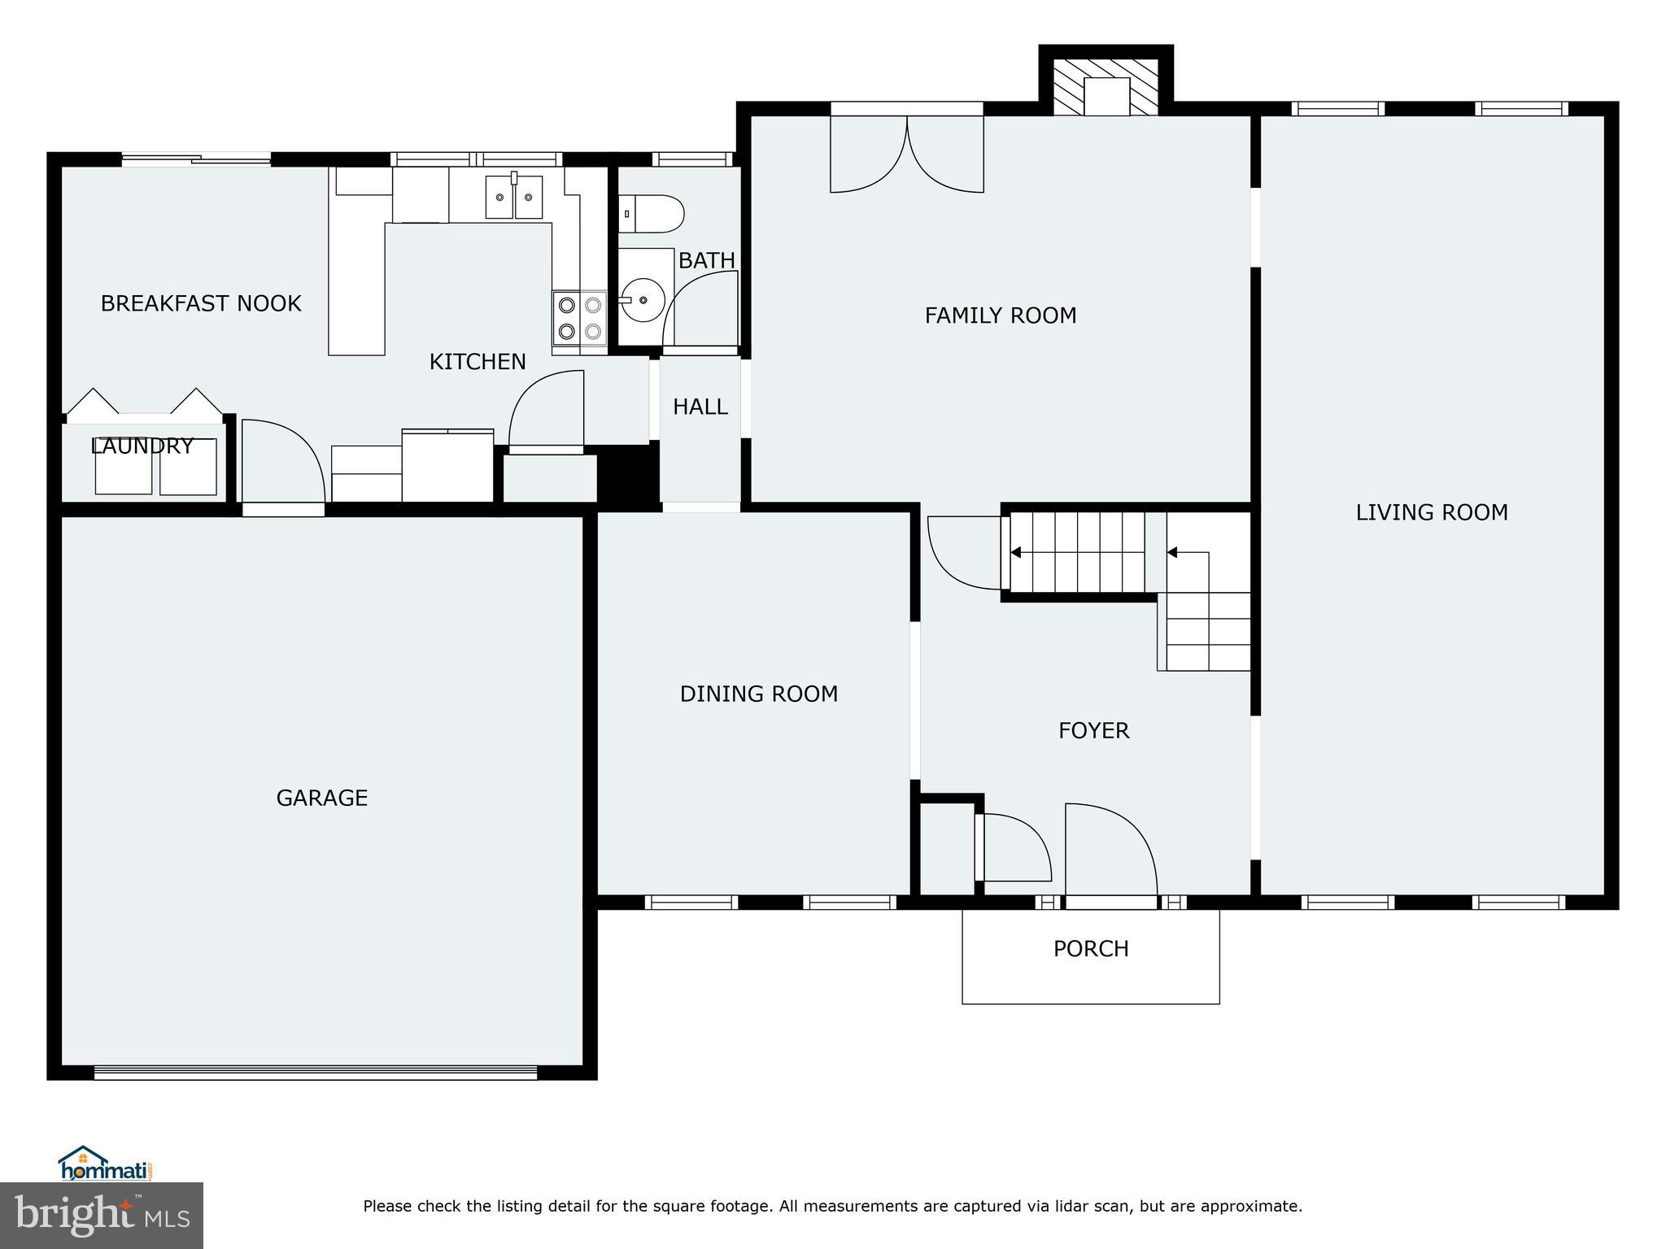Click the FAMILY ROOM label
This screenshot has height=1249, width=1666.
pyautogui.click(x=1000, y=316)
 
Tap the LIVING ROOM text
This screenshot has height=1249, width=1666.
pyautogui.click(x=1431, y=512)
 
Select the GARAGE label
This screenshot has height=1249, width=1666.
pyautogui.click(x=321, y=798)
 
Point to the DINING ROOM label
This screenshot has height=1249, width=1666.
pyautogui.click(x=758, y=694)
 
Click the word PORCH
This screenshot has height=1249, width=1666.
pyautogui.click(x=1090, y=949)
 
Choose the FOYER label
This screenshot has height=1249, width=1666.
pyautogui.click(x=1093, y=730)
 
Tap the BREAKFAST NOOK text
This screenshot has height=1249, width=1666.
pyautogui.click(x=201, y=303)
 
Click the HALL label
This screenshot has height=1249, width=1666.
pyautogui.click(x=700, y=407)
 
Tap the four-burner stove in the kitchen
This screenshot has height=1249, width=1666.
pyautogui.click(x=580, y=318)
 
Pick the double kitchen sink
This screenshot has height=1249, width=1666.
pyautogui.click(x=514, y=197)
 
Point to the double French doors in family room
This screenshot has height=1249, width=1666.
pyautogui.click(x=906, y=154)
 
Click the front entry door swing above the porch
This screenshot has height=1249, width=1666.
pyautogui.click(x=1110, y=850)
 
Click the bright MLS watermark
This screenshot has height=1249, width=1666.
pyautogui.click(x=102, y=1215)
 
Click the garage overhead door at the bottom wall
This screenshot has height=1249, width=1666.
pyautogui.click(x=316, y=1073)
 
